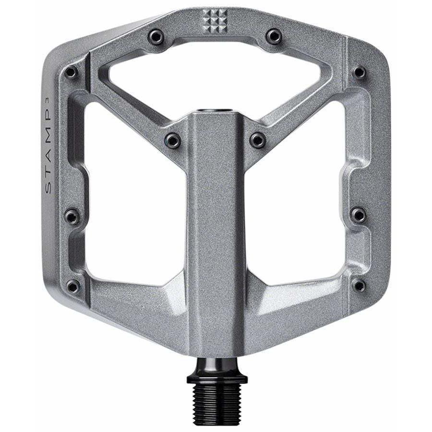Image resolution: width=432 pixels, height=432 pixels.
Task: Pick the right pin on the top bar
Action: click(274, 36)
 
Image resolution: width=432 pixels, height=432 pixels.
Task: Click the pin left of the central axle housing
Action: click(172, 140)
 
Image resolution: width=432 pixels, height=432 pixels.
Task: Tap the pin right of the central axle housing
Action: click(258, 140)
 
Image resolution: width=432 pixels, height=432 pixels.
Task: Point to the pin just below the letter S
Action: click(72, 216)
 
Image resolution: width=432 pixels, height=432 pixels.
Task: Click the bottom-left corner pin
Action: click(73, 286)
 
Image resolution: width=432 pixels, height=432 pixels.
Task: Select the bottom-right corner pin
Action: click(359, 286)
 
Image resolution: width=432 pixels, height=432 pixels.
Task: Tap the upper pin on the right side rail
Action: click(359, 72)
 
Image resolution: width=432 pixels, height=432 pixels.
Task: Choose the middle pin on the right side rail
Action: click(358, 215)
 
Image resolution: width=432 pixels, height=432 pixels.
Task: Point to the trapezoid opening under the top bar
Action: click(216, 82)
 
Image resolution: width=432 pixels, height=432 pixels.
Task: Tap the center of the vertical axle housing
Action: click(216, 230)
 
